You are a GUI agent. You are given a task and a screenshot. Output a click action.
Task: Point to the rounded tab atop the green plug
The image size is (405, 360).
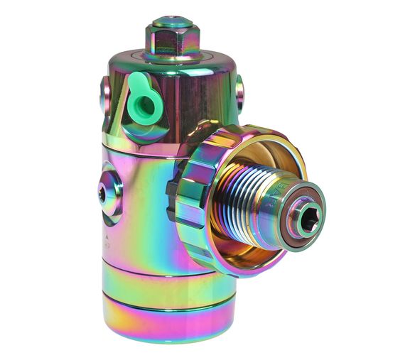tap(140, 84)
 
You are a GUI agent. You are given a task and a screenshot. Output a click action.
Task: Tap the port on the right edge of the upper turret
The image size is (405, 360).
tap(239, 93)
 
